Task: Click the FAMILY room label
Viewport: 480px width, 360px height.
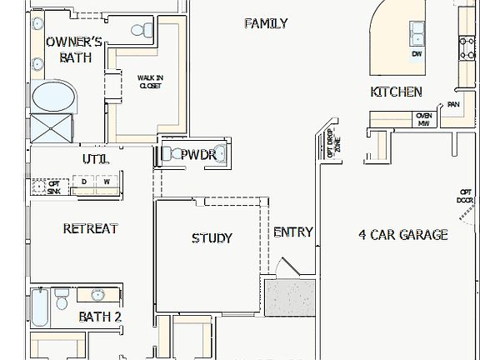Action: tap(266, 23)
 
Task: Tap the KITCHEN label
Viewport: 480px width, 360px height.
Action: tap(396, 92)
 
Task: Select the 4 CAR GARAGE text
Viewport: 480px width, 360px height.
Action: tap(402, 235)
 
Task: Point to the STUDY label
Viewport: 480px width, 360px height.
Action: tap(212, 238)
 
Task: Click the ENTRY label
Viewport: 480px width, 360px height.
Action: tap(293, 232)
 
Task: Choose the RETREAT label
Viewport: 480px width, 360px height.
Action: tap(90, 228)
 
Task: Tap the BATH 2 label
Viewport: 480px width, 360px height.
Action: tap(100, 317)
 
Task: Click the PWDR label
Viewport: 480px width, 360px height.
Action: tap(198, 155)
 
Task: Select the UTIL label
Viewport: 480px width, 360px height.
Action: tap(95, 159)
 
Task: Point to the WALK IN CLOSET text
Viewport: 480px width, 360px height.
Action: tap(150, 81)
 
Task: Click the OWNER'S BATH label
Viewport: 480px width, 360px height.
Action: tap(74, 50)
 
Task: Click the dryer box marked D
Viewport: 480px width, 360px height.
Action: tap(84, 181)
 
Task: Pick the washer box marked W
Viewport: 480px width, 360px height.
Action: tap(107, 181)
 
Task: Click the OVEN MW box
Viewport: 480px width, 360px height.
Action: tap(423, 119)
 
